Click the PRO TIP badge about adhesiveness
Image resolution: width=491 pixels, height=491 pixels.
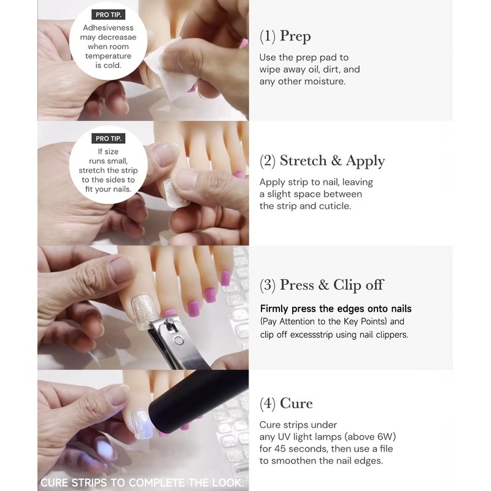tap(109, 15)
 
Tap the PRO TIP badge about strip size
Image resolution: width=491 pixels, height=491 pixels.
tap(109, 139)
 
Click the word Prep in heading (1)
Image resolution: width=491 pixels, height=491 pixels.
tap(295, 36)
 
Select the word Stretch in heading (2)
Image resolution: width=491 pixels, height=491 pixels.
tap(303, 160)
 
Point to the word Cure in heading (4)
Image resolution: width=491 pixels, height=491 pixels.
tap(296, 403)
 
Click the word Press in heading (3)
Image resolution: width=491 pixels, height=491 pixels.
tap(297, 285)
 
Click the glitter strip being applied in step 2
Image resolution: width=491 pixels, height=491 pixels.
tap(176, 193)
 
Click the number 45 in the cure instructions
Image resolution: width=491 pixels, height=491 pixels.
tap(280, 449)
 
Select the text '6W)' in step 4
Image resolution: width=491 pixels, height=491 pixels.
tap(387, 436)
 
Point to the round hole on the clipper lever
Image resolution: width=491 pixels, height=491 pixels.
tap(179, 341)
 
